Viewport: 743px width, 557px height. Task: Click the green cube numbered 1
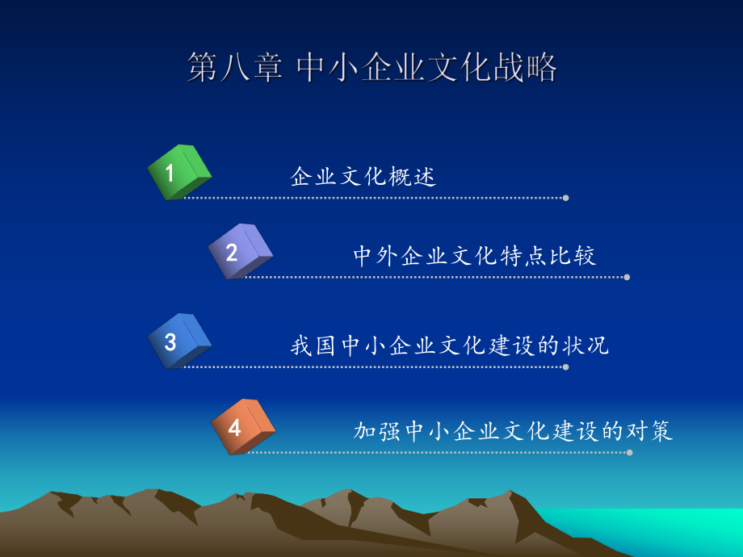click(x=178, y=172)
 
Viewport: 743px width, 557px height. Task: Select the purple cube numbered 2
click(x=240, y=252)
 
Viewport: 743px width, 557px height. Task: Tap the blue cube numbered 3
click(x=178, y=341)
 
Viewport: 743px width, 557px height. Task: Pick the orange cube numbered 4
click(x=242, y=427)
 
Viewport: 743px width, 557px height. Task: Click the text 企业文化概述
click(x=363, y=177)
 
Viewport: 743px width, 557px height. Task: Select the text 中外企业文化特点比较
click(x=475, y=257)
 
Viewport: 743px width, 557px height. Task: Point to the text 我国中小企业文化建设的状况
click(x=450, y=346)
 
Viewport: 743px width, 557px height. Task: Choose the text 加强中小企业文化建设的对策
click(x=514, y=431)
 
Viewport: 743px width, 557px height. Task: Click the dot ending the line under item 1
click(x=565, y=198)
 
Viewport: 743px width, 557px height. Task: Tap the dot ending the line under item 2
click(x=627, y=277)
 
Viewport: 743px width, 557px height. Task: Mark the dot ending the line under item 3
click(x=565, y=367)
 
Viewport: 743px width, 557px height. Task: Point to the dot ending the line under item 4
click(x=629, y=452)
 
